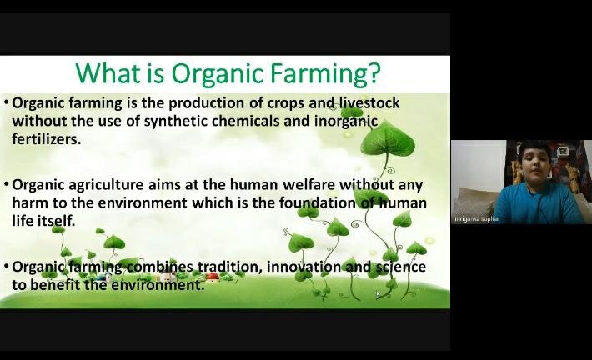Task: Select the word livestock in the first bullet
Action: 369,102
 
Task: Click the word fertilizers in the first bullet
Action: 45,139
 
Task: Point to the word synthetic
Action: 176,122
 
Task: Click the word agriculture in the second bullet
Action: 106,185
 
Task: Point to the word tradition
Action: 228,267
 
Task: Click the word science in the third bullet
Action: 401,267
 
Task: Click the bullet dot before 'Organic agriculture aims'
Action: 7,184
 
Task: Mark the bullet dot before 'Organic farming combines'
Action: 7,267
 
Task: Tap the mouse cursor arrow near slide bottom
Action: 378,294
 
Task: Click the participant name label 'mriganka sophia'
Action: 476,219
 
